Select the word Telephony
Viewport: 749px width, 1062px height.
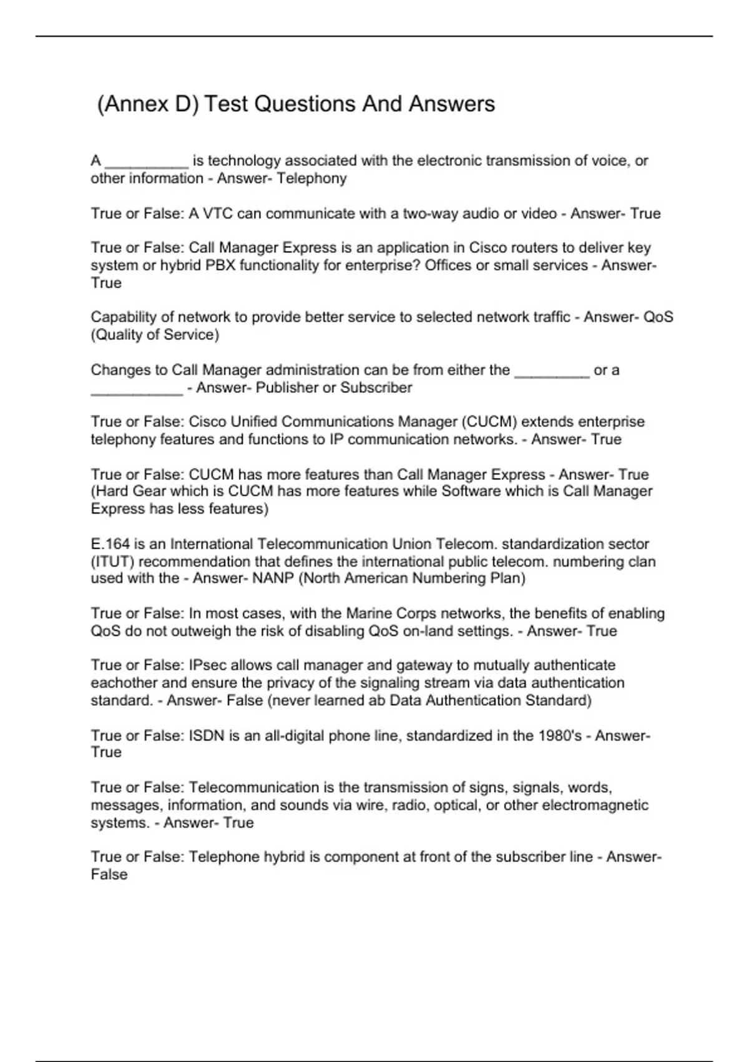pyautogui.click(x=311, y=179)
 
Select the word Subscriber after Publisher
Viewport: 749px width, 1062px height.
pyautogui.click(x=376, y=388)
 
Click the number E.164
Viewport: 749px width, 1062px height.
pyautogui.click(x=110, y=544)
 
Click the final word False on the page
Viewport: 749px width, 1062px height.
pyautogui.click(x=109, y=875)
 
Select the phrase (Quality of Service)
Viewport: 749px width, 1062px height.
pyautogui.click(x=155, y=335)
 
